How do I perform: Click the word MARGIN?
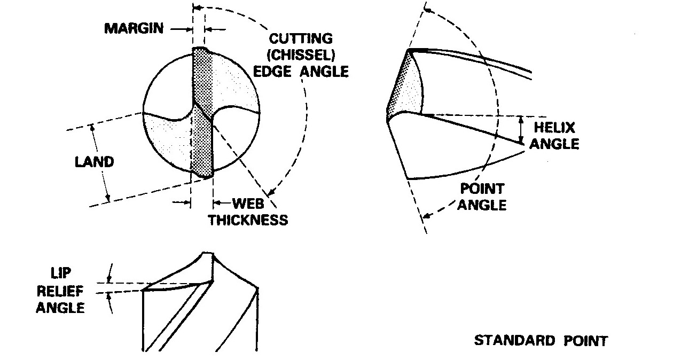click(134, 28)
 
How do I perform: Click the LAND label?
click(94, 162)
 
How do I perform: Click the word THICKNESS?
click(248, 220)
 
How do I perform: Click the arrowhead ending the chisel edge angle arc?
click(272, 193)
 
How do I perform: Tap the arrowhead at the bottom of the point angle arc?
click(426, 216)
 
